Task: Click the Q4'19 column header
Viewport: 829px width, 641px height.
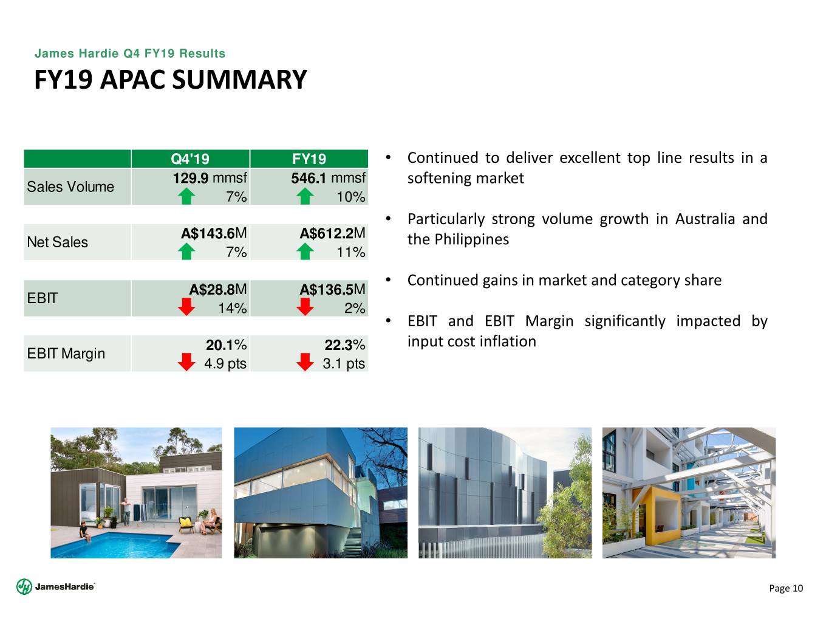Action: click(190, 159)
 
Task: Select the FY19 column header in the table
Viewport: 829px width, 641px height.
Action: click(309, 159)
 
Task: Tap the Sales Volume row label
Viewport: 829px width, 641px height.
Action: click(70, 187)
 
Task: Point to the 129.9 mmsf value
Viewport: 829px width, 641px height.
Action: click(210, 178)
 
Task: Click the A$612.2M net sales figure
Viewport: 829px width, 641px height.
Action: click(332, 233)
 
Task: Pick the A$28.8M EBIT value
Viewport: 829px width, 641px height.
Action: click(218, 290)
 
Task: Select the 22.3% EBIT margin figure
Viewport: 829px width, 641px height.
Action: click(345, 345)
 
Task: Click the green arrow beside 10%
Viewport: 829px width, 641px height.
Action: click(305, 197)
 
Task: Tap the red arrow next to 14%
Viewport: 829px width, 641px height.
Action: click(186, 307)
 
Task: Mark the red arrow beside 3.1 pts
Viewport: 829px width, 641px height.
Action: click(305, 362)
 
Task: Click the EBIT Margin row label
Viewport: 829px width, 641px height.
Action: click(66, 354)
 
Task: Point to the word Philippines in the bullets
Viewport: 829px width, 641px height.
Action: click(472, 239)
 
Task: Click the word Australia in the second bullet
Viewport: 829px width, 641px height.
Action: click(705, 219)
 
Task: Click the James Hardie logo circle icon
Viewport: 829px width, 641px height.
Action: click(24, 586)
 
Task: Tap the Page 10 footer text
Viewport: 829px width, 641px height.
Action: click(786, 588)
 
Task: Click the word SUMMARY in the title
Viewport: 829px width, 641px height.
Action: click(239, 80)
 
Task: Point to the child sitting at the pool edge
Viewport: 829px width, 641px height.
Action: click(85, 532)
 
